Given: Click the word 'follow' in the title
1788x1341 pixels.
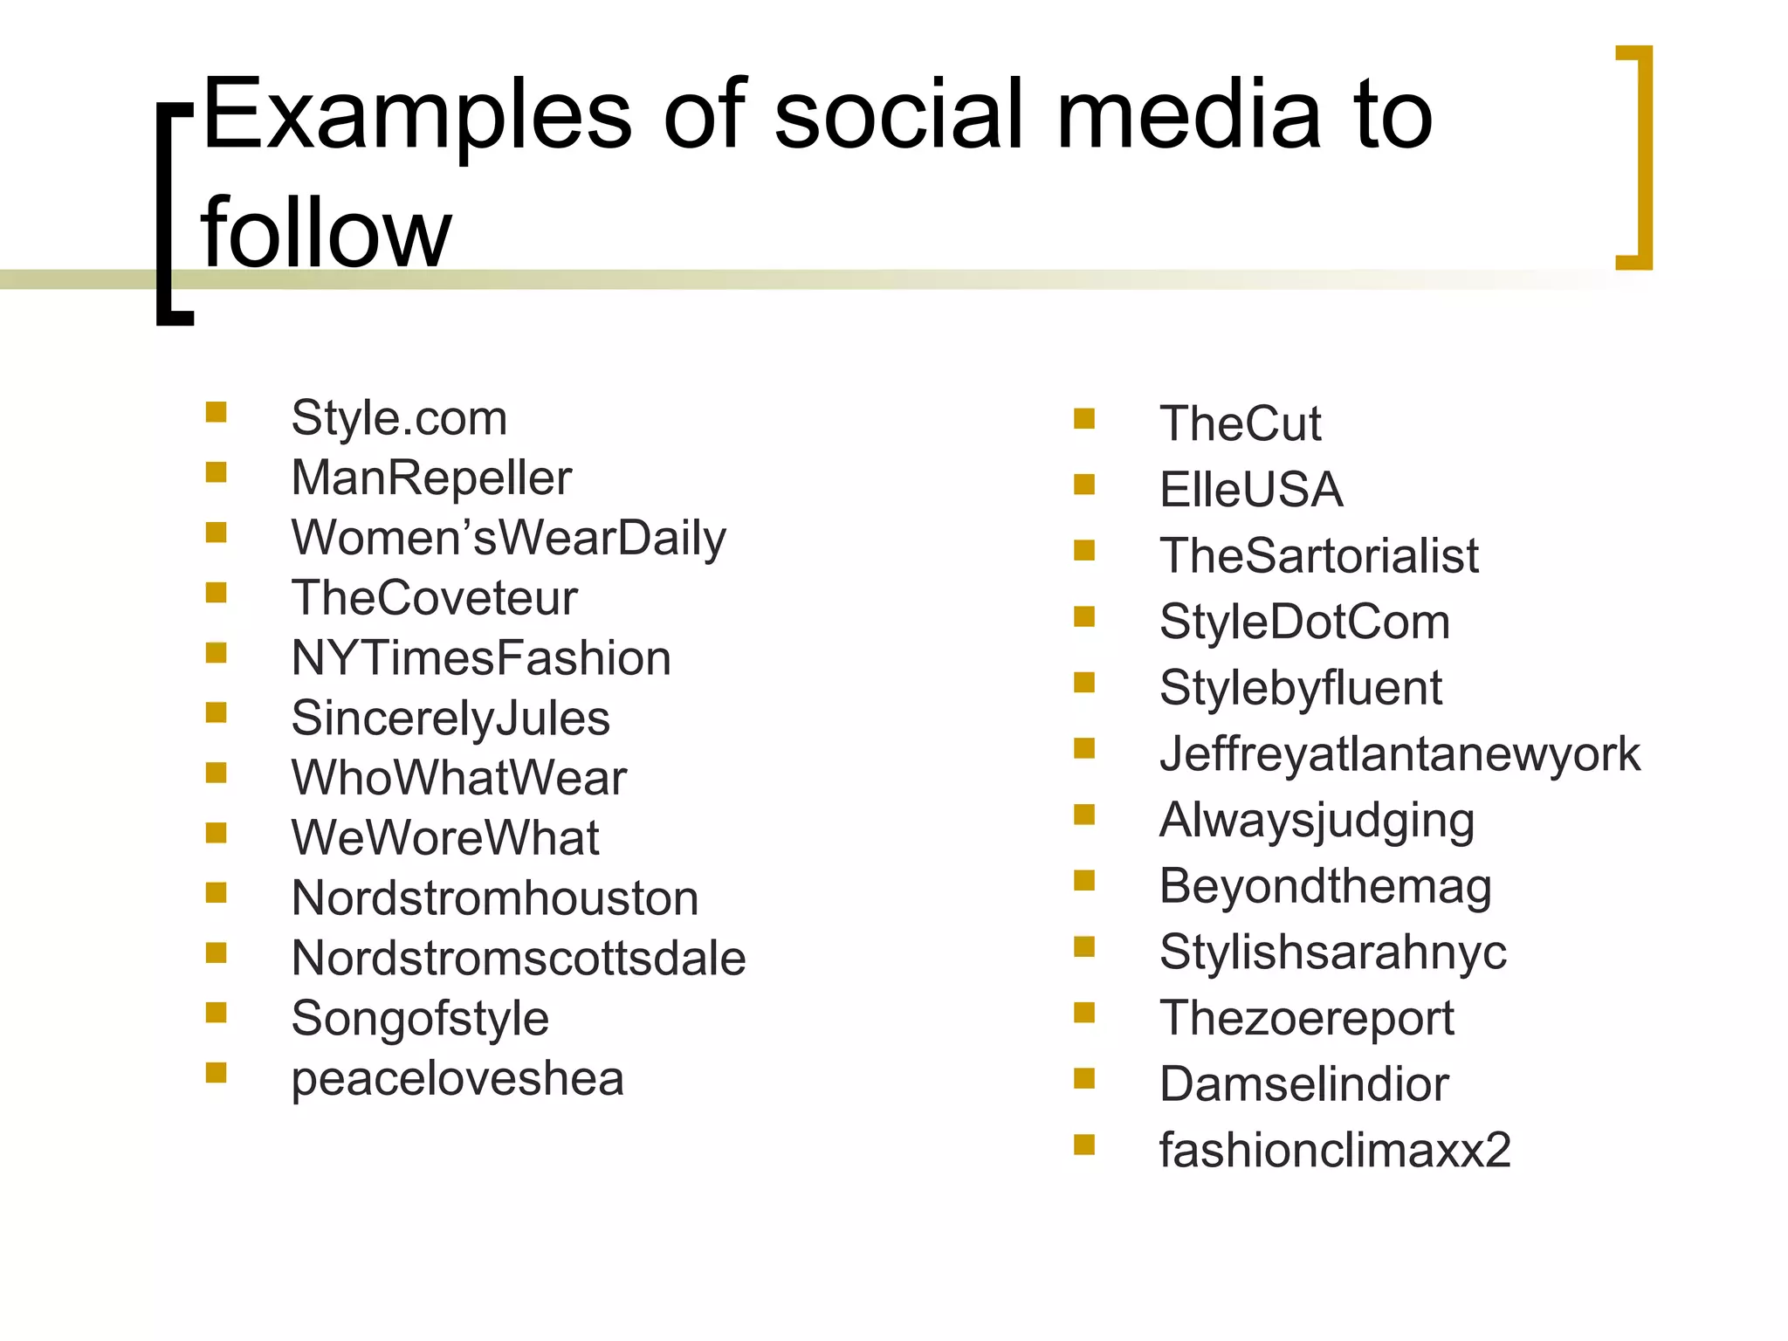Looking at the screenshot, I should [x=326, y=232].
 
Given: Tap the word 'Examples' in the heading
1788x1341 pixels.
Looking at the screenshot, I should [x=416, y=115].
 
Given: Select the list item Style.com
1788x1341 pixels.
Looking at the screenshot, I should [x=399, y=418].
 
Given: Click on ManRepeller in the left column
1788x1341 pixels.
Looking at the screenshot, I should [x=431, y=478].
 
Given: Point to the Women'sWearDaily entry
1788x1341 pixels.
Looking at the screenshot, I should [x=508, y=538].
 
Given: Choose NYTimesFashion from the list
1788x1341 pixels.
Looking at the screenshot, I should [x=481, y=657].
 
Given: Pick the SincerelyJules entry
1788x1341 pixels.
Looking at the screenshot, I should [x=450, y=718].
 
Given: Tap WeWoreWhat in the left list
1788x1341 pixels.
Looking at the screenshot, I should [x=445, y=837].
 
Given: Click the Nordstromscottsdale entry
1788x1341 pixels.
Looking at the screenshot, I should [x=519, y=958].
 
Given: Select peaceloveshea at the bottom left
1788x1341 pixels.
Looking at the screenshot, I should [x=457, y=1078].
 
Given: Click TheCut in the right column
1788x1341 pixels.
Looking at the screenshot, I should [x=1240, y=423].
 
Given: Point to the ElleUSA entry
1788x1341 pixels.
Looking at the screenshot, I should [x=1250, y=489].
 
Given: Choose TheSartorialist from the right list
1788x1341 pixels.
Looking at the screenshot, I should [x=1318, y=555].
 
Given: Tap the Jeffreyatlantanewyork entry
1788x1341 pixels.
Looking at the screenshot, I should [x=1399, y=753].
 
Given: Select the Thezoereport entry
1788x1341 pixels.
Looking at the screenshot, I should [x=1306, y=1018].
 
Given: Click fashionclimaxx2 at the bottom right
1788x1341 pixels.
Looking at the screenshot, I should [x=1335, y=1150].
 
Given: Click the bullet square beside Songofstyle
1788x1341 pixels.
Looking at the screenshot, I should [x=216, y=1012].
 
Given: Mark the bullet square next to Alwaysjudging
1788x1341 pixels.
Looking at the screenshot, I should [x=1084, y=815].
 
